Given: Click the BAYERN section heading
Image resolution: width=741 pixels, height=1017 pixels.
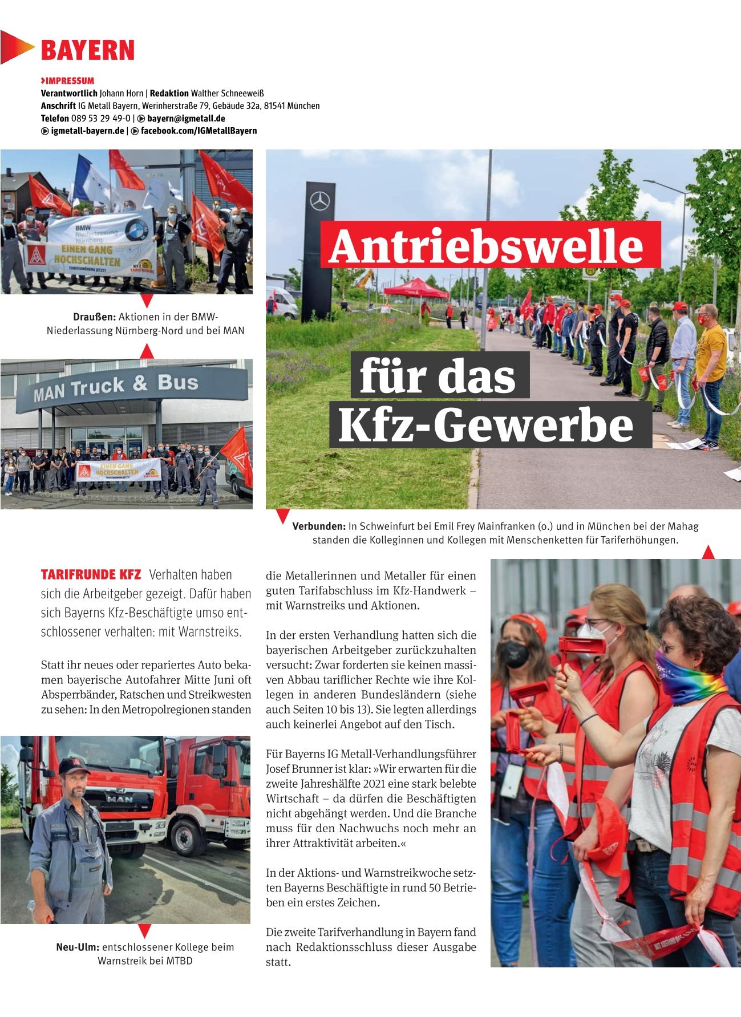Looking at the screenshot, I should coord(87,50).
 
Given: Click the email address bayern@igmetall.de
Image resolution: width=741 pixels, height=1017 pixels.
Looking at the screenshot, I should coord(186,118).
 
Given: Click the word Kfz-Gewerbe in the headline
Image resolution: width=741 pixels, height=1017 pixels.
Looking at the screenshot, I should coord(486,426).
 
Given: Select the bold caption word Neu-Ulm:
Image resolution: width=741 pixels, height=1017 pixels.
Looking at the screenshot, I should coord(78,947).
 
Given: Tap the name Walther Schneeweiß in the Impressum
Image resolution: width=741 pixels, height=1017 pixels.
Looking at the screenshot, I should coord(227,93).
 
